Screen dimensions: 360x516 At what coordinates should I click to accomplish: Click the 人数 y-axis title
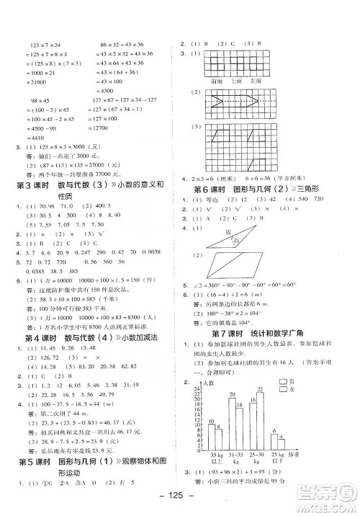[x=210, y=383]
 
